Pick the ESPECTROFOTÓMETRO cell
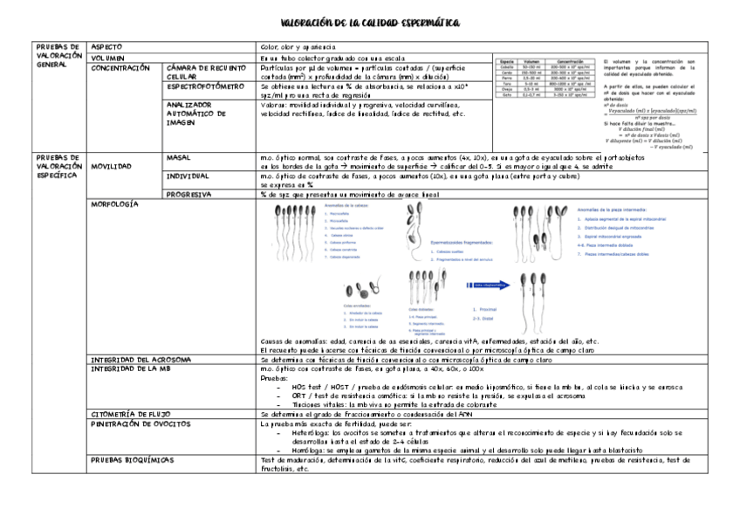click(x=204, y=88)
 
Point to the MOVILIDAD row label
click(x=112, y=165)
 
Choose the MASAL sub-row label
click(x=178, y=156)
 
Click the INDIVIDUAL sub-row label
click(x=186, y=176)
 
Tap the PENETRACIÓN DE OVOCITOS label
click(x=140, y=423)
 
